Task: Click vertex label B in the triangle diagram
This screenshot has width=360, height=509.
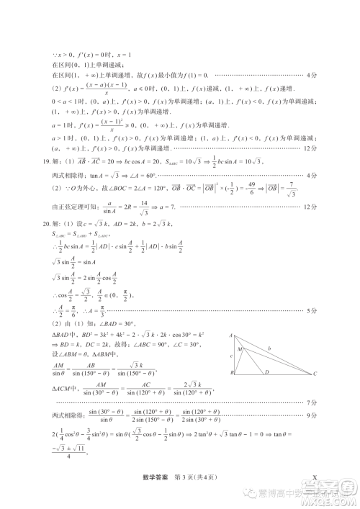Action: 232,374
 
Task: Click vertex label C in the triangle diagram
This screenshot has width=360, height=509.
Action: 315,374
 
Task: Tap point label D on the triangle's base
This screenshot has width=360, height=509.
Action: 267,373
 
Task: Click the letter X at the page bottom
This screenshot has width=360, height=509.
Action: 315,477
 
